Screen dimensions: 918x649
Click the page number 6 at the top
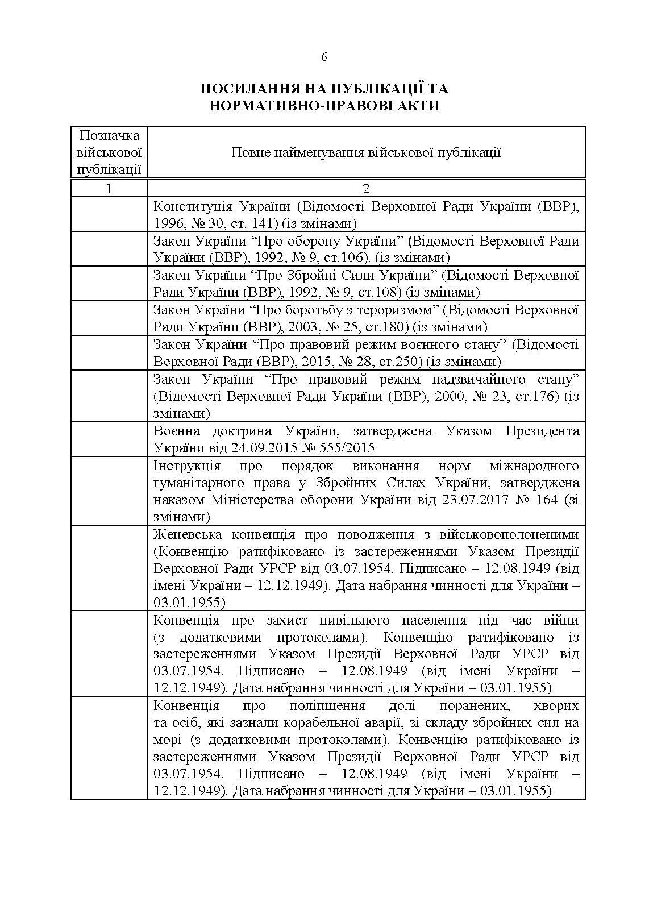pyautogui.click(x=324, y=56)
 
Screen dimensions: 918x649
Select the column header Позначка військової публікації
pyautogui.click(x=109, y=152)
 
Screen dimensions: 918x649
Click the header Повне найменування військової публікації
pyautogui.click(x=366, y=152)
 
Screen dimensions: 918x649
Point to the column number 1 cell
pyautogui.click(x=109, y=189)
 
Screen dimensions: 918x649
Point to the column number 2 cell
pyautogui.click(x=366, y=189)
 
